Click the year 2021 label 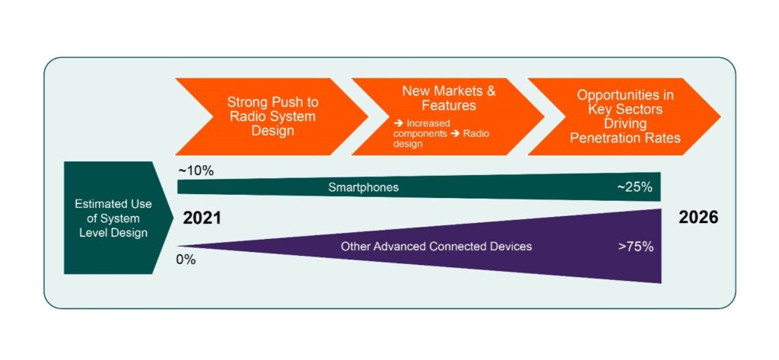(x=202, y=218)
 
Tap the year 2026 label (x=698, y=218)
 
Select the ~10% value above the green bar (x=196, y=170)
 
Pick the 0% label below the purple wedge (x=186, y=260)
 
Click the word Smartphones (x=364, y=187)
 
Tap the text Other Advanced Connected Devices (x=436, y=246)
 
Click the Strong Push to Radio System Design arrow (x=272, y=116)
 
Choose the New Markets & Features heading (x=448, y=98)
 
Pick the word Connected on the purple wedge (x=465, y=246)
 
